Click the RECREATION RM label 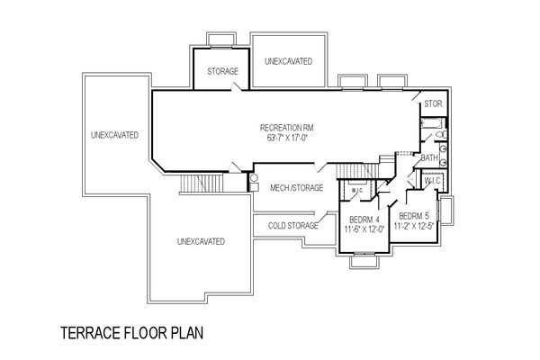pyautogui.click(x=287, y=128)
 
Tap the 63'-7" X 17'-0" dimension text pyautogui.click(x=287, y=138)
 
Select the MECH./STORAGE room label pyautogui.click(x=296, y=188)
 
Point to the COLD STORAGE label pyautogui.click(x=293, y=226)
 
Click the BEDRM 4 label pyautogui.click(x=364, y=220)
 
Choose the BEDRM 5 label pyautogui.click(x=414, y=216)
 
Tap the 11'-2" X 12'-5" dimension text pyautogui.click(x=413, y=226)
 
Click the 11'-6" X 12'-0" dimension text pyautogui.click(x=364, y=229)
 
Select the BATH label pyautogui.click(x=429, y=157)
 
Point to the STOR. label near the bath pyautogui.click(x=433, y=103)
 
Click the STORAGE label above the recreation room pyautogui.click(x=222, y=71)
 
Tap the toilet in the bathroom pyautogui.click(x=442, y=134)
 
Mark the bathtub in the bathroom pyautogui.click(x=432, y=123)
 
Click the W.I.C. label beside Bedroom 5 pyautogui.click(x=432, y=180)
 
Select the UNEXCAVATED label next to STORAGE pyautogui.click(x=289, y=61)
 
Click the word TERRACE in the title pyautogui.click(x=91, y=333)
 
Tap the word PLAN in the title pyautogui.click(x=187, y=333)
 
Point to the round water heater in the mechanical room pyautogui.click(x=254, y=178)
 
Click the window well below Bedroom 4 pyautogui.click(x=364, y=261)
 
